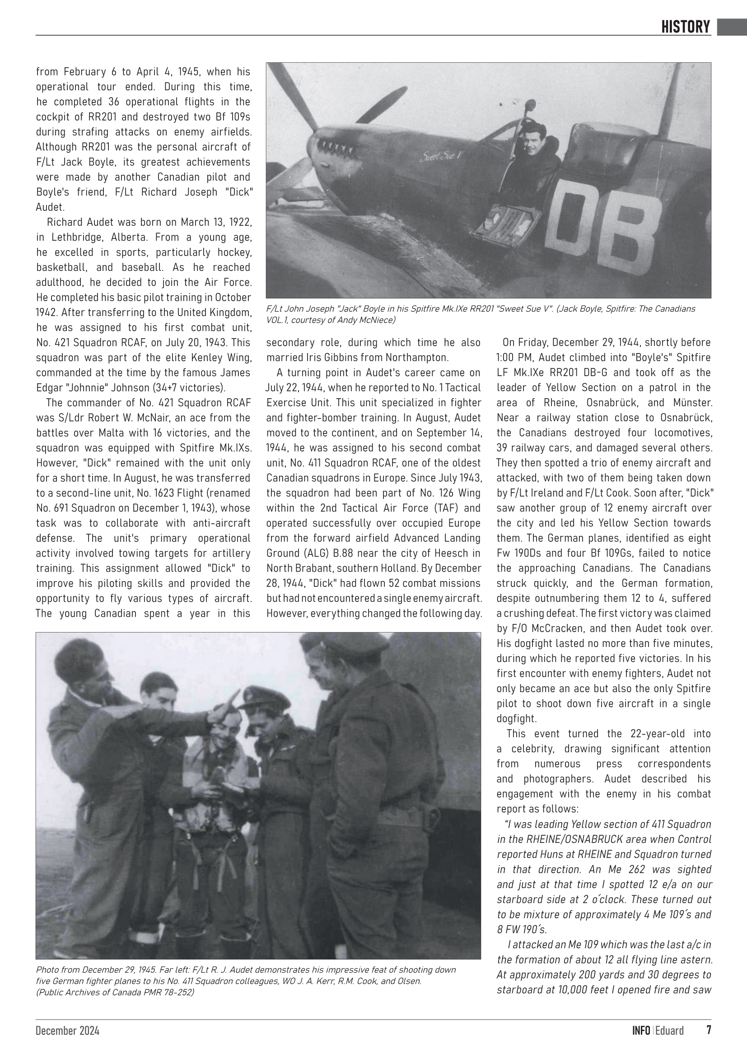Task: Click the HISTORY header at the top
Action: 686,27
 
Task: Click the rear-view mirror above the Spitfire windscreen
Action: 528,106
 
